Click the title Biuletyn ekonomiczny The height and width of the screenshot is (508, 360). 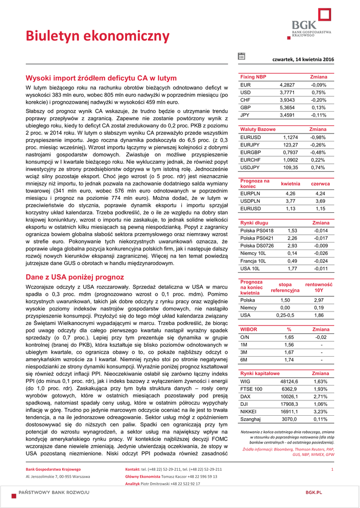tap(98, 36)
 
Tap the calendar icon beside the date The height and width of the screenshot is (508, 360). tap(241, 57)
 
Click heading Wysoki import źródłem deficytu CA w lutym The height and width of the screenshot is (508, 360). tap(101, 78)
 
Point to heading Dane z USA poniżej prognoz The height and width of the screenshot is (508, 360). tap(74, 277)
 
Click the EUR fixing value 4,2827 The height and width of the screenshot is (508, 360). tap(288, 85)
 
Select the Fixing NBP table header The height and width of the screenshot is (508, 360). tap(253, 77)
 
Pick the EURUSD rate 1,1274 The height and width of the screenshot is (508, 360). tap(290, 137)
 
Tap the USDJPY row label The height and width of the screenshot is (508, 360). tap(250, 168)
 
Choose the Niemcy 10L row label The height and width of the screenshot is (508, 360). tap(253, 253)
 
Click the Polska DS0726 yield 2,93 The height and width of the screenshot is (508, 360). tap(292, 246)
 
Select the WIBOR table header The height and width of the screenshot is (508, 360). tap(249, 329)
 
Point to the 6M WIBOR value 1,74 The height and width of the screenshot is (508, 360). tap(289, 360)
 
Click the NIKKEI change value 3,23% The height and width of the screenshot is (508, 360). tap(320, 411)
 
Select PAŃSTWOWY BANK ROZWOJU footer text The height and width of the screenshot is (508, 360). tap(54, 492)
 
